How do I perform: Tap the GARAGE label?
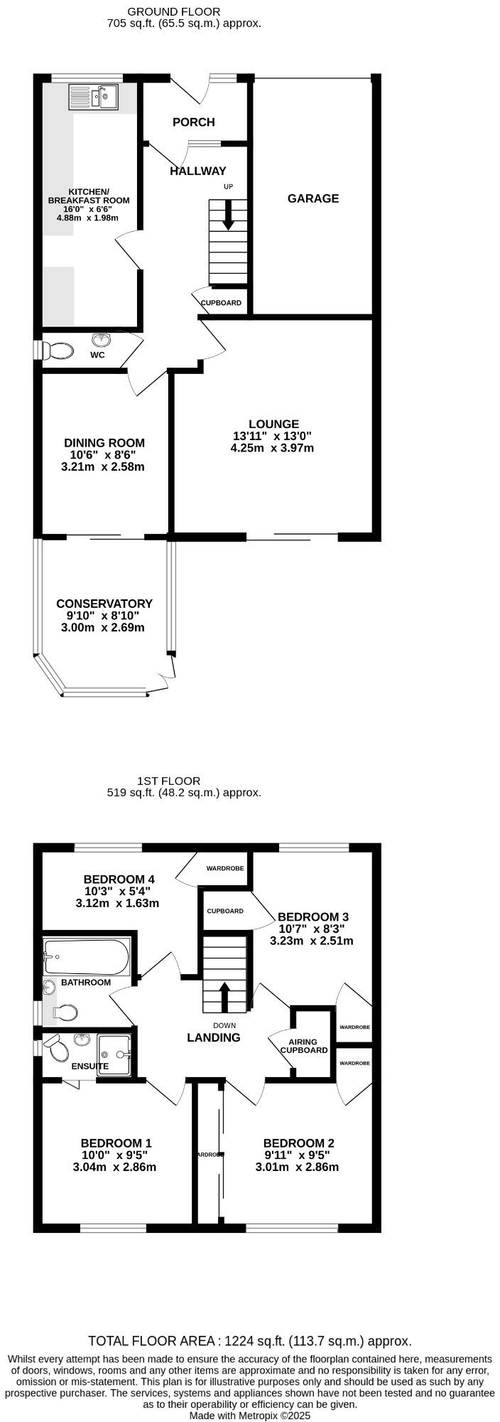coord(312,198)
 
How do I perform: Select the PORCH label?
coord(193,122)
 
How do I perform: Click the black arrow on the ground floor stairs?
coord(228,215)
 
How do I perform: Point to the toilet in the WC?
coord(58,351)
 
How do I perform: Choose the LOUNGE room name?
coord(273,424)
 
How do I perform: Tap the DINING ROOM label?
coord(104,443)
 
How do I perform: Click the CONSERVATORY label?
coord(104,604)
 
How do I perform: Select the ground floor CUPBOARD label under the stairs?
coord(221,303)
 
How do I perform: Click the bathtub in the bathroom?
coord(86,957)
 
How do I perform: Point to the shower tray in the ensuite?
coord(115,1055)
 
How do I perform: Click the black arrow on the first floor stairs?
coord(224,996)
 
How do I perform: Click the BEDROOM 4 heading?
coord(119,878)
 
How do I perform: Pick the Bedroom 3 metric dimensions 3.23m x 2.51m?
coord(311,941)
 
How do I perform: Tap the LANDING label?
coord(213,1037)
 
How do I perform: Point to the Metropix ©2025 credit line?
coord(250,1416)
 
